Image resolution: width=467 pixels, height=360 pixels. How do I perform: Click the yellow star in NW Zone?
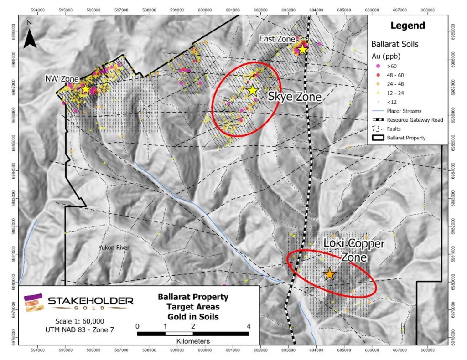coord(85,89)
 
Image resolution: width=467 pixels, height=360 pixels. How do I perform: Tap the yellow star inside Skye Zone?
coord(253,90)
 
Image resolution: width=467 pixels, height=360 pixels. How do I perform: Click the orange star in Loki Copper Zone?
coord(330,274)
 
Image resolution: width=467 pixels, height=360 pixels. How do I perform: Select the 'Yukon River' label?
coord(114,247)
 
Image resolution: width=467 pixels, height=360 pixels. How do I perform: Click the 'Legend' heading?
coord(410,26)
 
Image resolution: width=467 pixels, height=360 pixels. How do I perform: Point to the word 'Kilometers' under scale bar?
coord(193,341)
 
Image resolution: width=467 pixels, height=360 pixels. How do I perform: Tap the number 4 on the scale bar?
coord(248,326)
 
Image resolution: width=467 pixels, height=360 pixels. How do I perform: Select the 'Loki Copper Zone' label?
coord(354,250)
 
